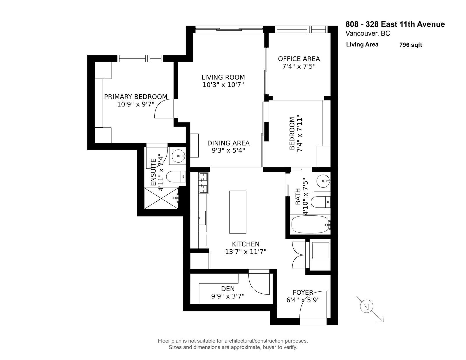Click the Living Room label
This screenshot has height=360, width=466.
(223, 77)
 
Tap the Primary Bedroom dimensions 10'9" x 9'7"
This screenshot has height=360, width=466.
(136, 104)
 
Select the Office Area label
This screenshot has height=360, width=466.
(299, 59)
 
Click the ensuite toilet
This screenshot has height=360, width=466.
(176, 177)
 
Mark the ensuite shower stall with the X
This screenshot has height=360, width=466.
(161, 198)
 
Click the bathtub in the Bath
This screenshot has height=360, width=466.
(310, 224)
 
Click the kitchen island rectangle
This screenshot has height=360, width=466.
(238, 212)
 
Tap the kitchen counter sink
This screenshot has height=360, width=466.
(202, 218)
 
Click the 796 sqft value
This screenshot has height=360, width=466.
(410, 45)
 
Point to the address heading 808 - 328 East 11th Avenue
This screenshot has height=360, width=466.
(395, 24)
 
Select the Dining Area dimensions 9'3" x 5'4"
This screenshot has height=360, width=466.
(228, 150)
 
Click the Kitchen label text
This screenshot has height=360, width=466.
(246, 244)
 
